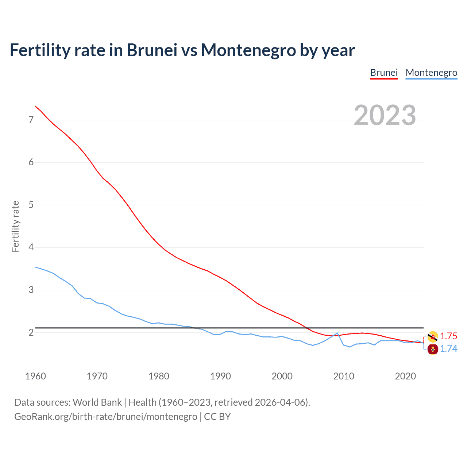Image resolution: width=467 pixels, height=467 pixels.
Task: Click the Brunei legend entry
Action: [383, 73]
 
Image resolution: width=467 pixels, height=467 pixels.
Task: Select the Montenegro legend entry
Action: [431, 73]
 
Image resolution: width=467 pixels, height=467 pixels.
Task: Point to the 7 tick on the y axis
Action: [31, 120]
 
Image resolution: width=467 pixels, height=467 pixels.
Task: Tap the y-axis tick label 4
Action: [31, 247]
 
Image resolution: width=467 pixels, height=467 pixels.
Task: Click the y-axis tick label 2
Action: [31, 332]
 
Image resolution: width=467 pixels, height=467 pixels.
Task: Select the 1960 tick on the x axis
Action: [35, 376]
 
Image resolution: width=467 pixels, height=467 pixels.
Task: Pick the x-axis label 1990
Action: [220, 376]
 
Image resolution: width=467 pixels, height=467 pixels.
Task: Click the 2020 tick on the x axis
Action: [405, 376]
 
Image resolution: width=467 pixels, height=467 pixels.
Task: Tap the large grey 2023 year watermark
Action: [385, 115]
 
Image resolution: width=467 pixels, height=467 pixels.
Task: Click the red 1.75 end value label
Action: [448, 336]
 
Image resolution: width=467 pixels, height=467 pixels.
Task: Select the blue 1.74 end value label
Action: [448, 348]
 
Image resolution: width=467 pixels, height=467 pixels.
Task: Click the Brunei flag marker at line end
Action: [433, 336]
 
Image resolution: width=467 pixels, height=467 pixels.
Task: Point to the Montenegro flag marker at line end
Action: [433, 349]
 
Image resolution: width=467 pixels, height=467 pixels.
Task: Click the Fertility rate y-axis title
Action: [15, 226]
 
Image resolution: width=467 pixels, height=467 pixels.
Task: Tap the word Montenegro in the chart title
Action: [248, 50]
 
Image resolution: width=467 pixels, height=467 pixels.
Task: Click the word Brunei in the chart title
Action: [152, 50]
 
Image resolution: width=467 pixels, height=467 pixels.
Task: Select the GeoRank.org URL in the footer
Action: [105, 417]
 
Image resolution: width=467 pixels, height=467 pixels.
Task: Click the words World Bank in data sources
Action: [97, 402]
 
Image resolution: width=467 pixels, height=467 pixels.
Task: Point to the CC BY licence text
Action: [217, 417]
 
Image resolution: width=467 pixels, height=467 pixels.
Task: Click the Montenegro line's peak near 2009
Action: [337, 333]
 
